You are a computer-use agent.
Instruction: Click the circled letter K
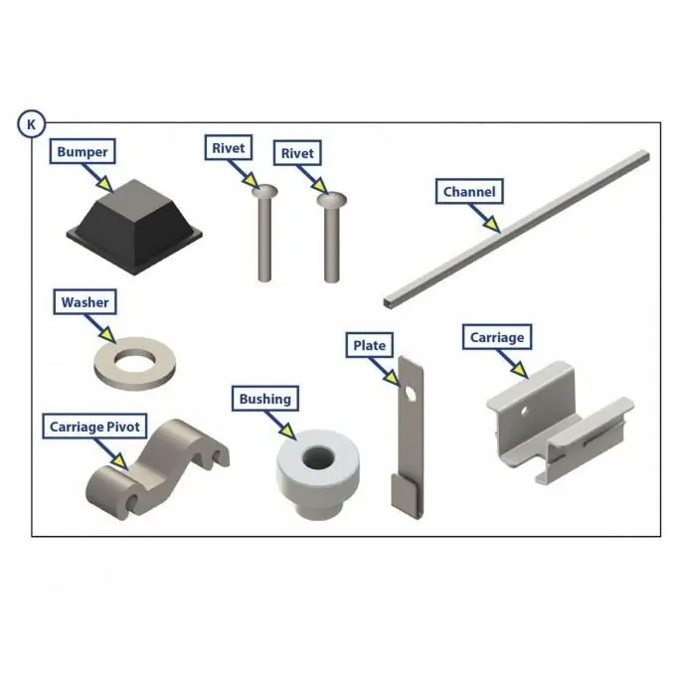31,124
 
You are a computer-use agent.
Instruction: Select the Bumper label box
83,151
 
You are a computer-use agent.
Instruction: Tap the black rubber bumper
134,227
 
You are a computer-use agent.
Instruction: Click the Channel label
469,191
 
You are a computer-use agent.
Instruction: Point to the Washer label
85,302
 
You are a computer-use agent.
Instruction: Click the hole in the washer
133,360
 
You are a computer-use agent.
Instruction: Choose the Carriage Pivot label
94,427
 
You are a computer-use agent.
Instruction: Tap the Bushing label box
265,399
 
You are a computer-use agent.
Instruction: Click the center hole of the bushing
318,458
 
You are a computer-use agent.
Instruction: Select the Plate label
369,345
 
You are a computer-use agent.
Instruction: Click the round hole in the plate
411,394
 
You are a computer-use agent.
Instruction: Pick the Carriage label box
497,337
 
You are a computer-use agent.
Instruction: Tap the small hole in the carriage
524,411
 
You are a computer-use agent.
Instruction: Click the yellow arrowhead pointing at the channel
492,224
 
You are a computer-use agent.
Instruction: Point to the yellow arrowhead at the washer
108,334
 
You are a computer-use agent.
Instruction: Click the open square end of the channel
389,303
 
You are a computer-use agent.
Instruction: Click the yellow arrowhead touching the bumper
105,184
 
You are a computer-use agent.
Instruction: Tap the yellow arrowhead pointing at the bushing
288,431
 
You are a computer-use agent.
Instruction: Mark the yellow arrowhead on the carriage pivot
120,460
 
